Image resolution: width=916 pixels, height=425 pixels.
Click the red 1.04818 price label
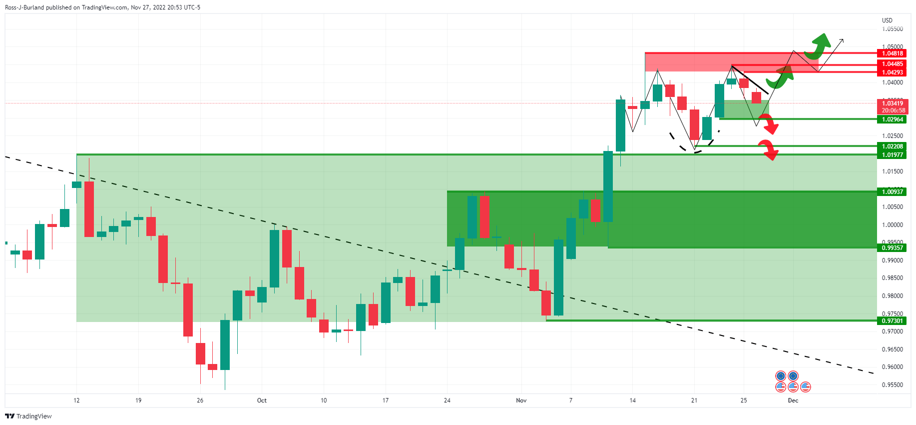[x=892, y=53]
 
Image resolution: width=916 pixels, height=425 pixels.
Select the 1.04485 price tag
[x=892, y=64]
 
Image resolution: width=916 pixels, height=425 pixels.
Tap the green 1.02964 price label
[x=892, y=119]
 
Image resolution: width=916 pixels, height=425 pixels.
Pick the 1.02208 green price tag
[x=892, y=146]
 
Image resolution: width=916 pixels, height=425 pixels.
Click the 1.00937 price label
[x=892, y=191]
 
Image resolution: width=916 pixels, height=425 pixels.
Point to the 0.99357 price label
[x=892, y=248]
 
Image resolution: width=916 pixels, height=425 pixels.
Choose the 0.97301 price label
[x=892, y=321]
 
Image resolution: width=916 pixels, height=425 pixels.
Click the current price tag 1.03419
[x=892, y=103]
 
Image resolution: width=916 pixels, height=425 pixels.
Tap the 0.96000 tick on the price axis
[x=892, y=367]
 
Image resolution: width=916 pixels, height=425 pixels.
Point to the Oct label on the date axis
[x=262, y=400]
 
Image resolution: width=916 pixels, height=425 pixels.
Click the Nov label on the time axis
[x=521, y=400]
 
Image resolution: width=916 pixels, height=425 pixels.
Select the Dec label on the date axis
[x=793, y=400]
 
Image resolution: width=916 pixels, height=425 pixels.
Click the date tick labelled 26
[x=200, y=400]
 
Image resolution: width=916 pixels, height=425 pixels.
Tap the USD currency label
[x=887, y=20]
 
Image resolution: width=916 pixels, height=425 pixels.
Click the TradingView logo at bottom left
[x=28, y=416]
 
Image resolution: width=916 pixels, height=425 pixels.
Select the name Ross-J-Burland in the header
[x=24, y=7]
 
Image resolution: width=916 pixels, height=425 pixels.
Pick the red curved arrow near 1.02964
[x=771, y=124]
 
